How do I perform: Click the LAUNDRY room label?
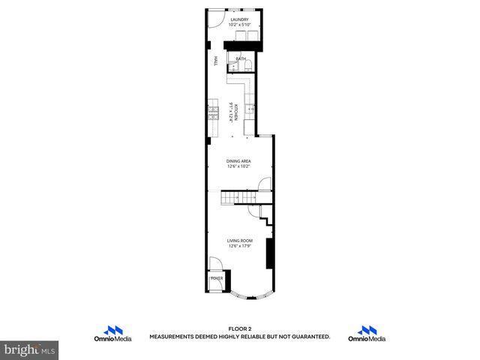(240, 20)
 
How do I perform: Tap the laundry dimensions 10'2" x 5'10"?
(240, 25)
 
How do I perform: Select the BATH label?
(241, 58)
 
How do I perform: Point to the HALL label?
(216, 62)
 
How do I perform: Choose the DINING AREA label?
(239, 160)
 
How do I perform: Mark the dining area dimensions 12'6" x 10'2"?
(239, 166)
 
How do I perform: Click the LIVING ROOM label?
(239, 241)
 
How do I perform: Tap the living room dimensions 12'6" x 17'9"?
(239, 246)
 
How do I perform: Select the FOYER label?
(217, 278)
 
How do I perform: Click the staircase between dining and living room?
(241, 197)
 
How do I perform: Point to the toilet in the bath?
(247, 66)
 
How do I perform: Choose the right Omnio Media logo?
(367, 334)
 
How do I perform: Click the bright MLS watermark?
(30, 349)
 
